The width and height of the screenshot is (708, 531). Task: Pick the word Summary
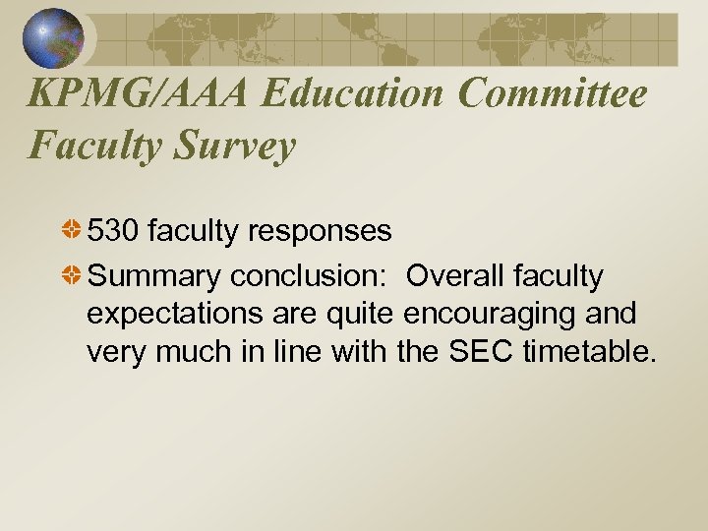click(155, 277)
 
